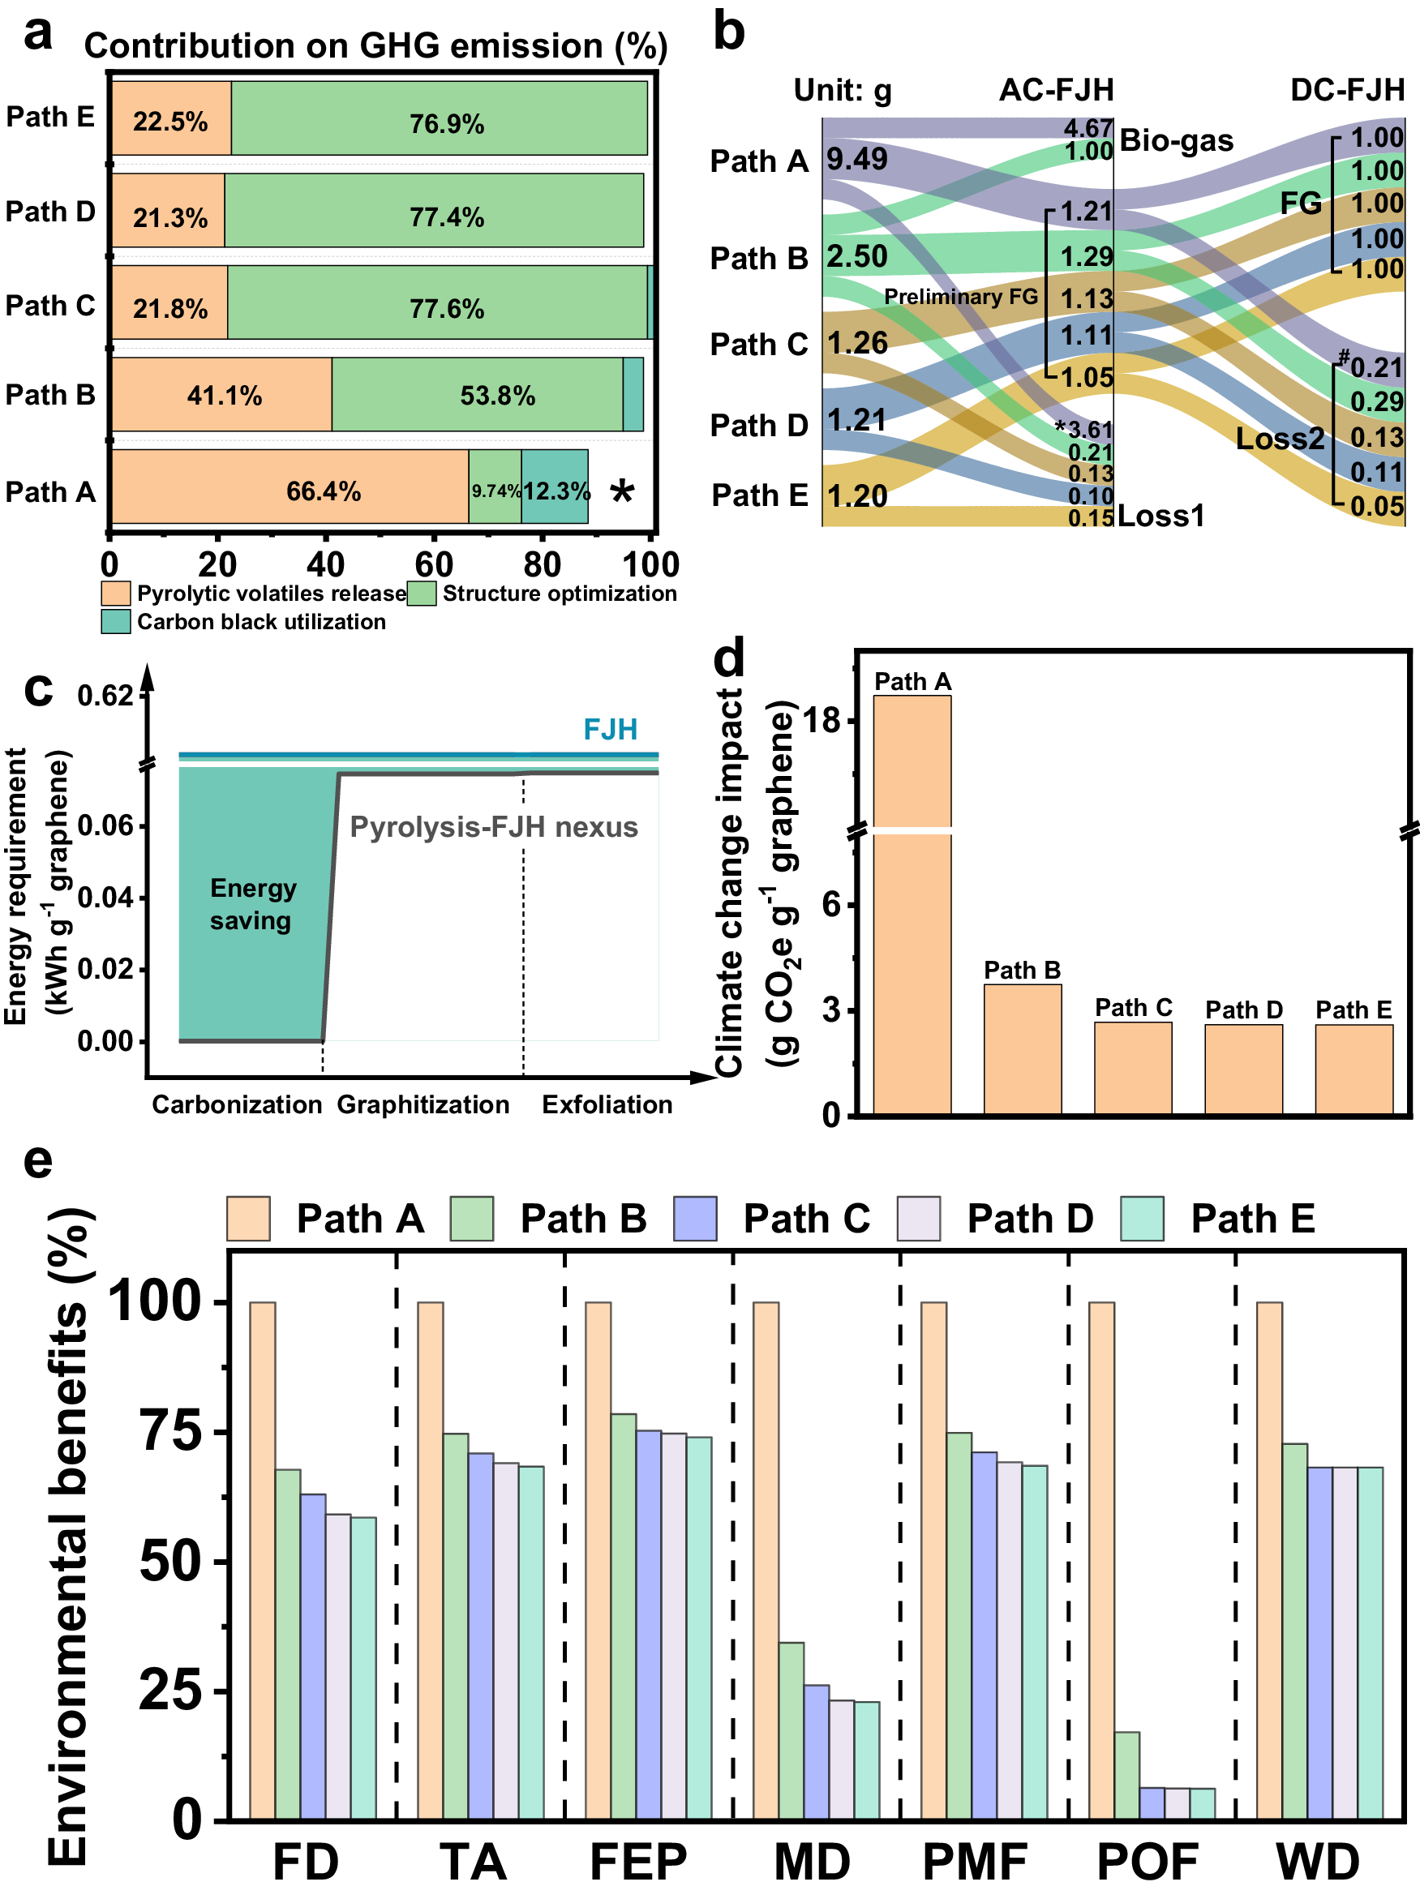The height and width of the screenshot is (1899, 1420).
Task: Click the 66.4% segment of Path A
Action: coord(290,487)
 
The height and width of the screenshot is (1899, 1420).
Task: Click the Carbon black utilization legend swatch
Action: coord(115,622)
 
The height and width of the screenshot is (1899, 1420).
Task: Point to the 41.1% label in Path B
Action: coord(224,395)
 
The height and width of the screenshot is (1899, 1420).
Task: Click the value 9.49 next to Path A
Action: coord(857,159)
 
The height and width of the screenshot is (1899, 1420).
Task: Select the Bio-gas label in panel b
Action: coord(1175,140)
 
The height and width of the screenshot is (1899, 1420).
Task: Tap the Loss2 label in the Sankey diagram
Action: coord(1279,439)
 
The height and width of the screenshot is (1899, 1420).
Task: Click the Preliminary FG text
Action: coord(961,296)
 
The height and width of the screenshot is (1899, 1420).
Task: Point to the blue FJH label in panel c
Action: coord(610,729)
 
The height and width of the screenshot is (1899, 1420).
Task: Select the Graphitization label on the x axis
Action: coord(423,1104)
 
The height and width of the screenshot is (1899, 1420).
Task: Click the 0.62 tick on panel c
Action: coord(105,696)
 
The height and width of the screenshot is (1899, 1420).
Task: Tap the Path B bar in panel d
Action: coord(1022,1049)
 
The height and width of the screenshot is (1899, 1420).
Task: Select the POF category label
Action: coord(1147,1862)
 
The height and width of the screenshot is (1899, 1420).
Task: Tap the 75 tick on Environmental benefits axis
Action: coord(170,1432)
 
